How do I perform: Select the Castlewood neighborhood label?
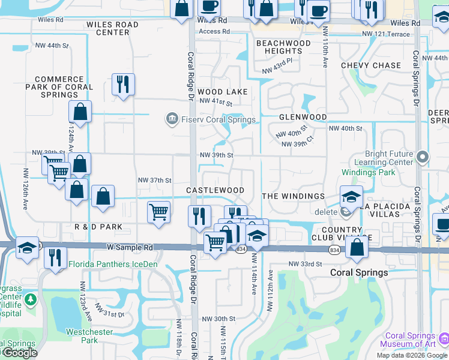coord(215,190)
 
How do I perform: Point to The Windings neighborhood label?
coord(294,196)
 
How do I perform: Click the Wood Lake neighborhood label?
coord(222,92)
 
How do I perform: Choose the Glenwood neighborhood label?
coord(303,117)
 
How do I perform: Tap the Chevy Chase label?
coord(371,65)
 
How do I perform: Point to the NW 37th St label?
coord(155,180)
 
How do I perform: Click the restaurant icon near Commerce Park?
coord(123,85)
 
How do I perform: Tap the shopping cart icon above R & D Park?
coord(158,212)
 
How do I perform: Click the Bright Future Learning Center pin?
coord(423,157)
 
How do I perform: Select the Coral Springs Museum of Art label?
coord(411,340)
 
